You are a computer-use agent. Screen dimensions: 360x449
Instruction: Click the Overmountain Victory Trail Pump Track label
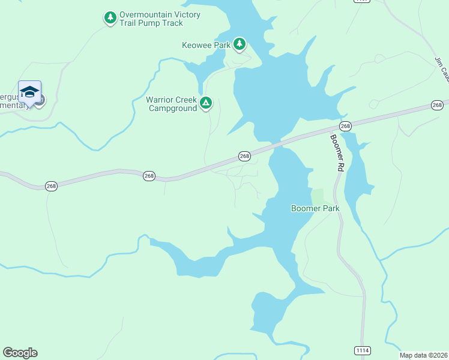pos(160,19)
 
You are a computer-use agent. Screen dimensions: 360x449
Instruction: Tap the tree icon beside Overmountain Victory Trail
pos(110,18)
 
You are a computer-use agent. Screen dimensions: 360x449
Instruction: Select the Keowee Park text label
pos(206,45)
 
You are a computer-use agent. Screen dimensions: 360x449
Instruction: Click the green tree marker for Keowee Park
pos(240,43)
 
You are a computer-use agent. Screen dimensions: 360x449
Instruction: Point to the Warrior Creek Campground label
pos(171,104)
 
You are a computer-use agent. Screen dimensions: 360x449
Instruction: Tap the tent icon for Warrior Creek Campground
pos(206,103)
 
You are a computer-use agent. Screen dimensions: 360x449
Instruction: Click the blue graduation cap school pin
pos(29,92)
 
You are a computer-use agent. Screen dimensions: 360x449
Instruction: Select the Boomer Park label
pos(315,209)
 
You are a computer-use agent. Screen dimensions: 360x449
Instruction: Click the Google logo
pos(20,353)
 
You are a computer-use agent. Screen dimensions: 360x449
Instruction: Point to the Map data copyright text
pos(423,355)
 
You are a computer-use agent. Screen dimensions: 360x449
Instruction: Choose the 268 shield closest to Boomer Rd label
pos(345,126)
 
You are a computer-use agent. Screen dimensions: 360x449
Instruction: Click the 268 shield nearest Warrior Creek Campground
pos(244,156)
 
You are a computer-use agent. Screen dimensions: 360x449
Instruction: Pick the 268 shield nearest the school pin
pos(51,186)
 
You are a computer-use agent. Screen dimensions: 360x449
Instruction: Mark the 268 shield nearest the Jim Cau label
pos(437,105)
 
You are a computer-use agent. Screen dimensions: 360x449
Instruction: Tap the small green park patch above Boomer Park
pos(317,196)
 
